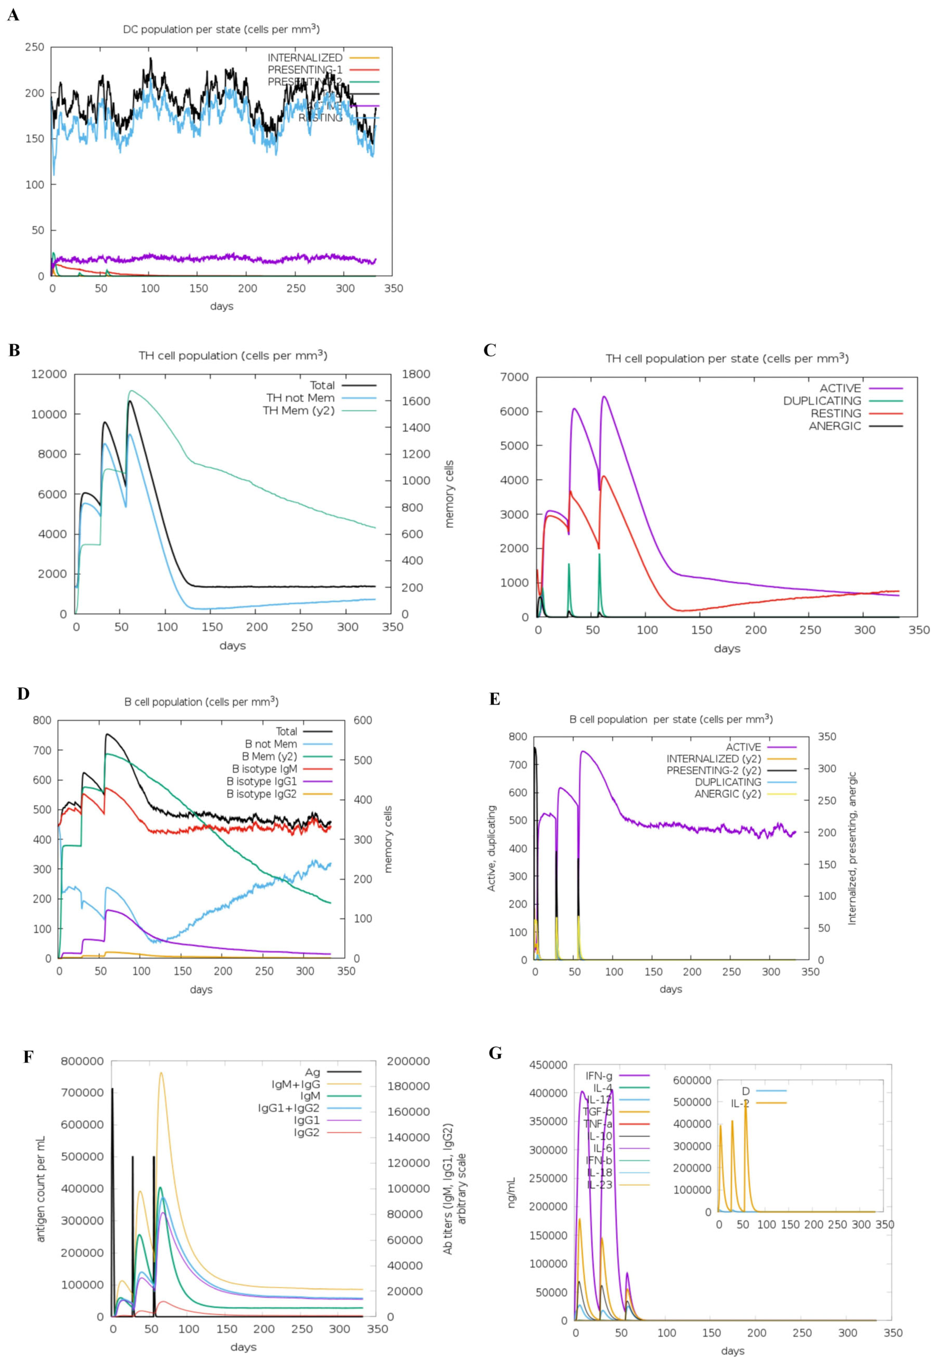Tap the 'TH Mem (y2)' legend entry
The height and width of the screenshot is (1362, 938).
tap(298, 410)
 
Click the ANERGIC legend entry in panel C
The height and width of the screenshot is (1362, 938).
tap(835, 426)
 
